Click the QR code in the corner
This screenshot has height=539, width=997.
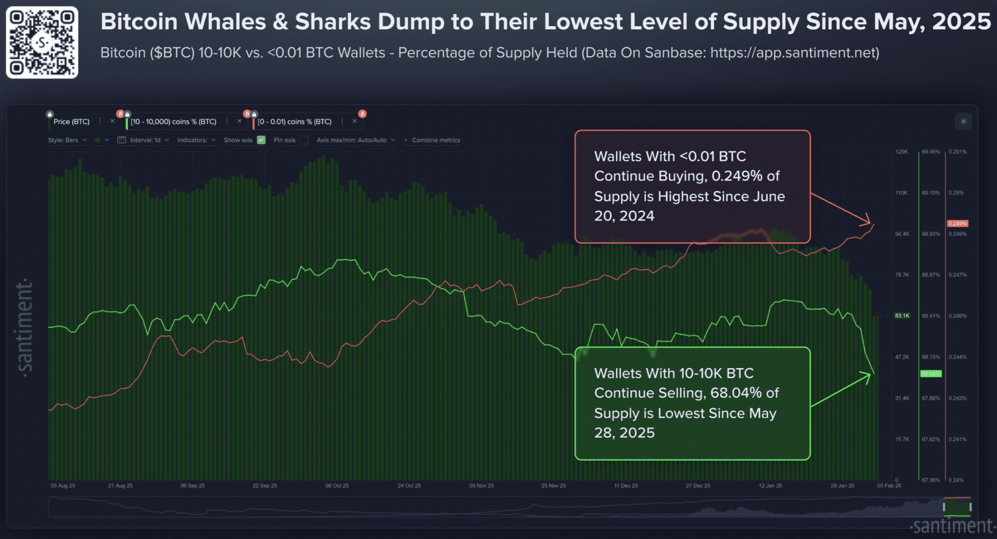coord(42,42)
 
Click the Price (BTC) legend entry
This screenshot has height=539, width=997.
coord(71,122)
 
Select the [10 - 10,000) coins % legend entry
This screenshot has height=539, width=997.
coord(173,122)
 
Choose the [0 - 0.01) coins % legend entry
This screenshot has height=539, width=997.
coord(294,122)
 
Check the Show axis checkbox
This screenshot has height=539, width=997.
coord(261,140)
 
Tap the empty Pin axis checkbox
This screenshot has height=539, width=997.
coord(304,140)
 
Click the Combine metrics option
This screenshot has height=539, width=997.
coord(435,140)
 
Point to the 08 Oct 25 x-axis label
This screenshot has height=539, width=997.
coord(337,486)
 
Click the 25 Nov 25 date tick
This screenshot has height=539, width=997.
coord(553,486)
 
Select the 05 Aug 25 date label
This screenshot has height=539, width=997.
coord(63,486)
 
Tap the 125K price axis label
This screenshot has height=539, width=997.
coord(901,152)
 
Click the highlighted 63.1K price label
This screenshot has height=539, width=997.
coord(902,315)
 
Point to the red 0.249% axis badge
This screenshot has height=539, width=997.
coord(957,224)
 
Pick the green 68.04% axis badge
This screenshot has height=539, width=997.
coord(930,374)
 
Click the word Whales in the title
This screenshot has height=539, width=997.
coord(225,22)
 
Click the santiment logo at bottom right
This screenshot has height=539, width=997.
coord(952,526)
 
